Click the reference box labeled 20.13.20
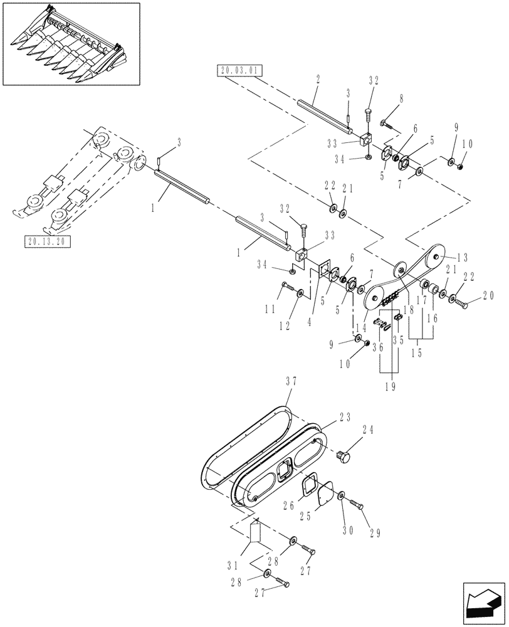48,241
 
